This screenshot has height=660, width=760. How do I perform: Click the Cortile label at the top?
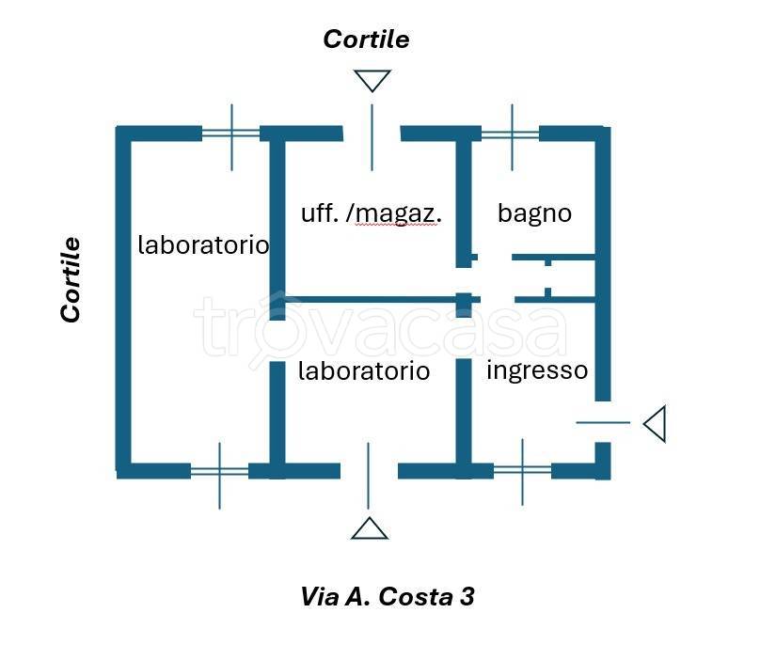click(366, 39)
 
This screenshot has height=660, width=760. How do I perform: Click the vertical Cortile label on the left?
click(71, 280)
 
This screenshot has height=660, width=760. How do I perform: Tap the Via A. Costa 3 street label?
click(387, 596)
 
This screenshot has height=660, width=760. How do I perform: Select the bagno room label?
click(534, 212)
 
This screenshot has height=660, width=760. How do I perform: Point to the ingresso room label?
click(536, 370)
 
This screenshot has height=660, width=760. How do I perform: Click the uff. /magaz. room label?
click(371, 212)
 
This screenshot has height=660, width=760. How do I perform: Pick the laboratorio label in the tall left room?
click(203, 245)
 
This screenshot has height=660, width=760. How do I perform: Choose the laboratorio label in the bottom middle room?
click(363, 371)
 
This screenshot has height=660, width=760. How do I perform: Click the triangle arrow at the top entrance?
click(372, 81)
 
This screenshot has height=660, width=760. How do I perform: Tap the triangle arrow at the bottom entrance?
click(370, 528)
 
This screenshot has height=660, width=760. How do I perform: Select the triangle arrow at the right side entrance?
click(656, 423)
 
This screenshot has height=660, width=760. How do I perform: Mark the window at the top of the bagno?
click(511, 134)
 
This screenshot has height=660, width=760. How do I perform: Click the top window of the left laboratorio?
click(231, 134)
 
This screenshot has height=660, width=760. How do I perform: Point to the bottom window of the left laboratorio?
click(219, 470)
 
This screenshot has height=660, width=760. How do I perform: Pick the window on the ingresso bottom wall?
click(522, 469)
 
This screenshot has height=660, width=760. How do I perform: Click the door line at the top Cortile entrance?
click(372, 136)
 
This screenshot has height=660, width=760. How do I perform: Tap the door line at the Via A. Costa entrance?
click(369, 475)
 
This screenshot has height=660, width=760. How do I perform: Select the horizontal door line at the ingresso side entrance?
click(603, 422)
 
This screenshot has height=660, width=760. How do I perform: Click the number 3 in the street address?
click(467, 596)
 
